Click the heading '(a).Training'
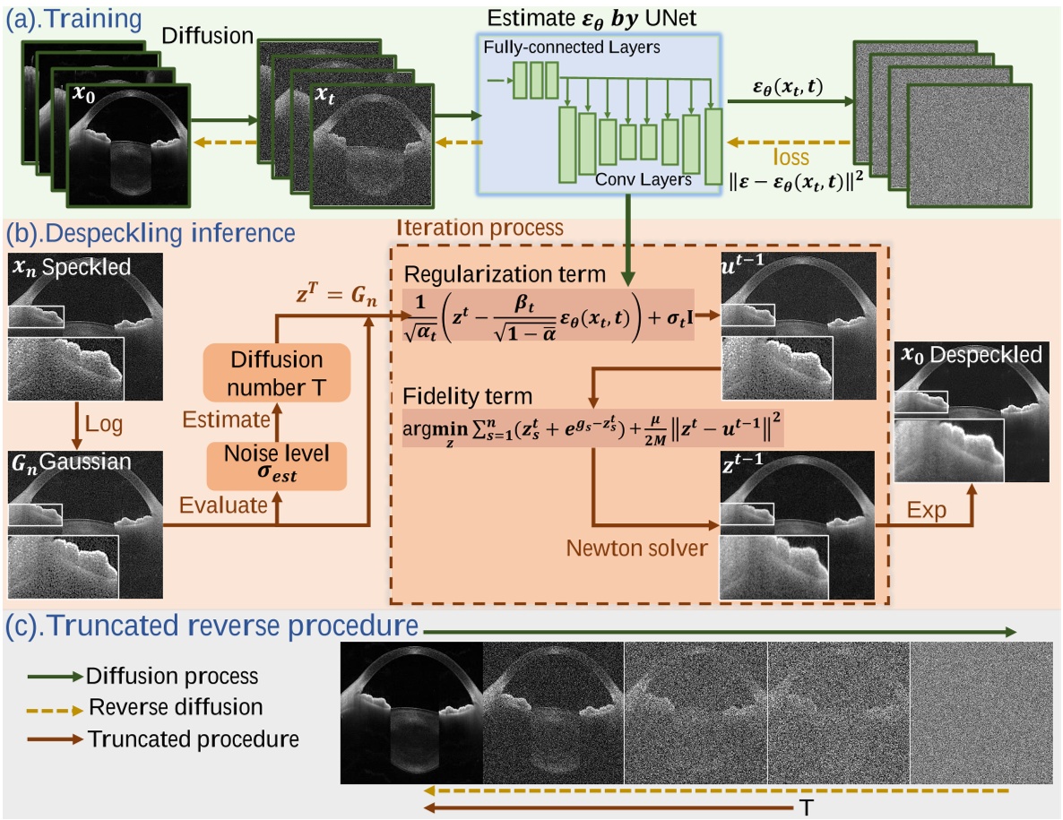(73, 17)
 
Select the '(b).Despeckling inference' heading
(151, 233)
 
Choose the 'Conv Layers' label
(643, 179)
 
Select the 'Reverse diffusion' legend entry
(176, 707)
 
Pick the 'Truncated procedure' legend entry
(193, 739)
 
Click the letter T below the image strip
(806, 807)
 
